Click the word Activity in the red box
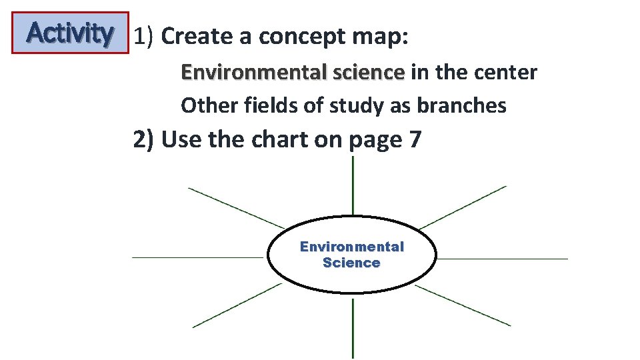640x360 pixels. (69, 33)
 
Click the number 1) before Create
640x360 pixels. (144, 37)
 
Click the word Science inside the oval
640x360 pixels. (351, 263)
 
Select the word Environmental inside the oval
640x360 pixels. (351, 247)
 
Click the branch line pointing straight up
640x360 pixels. (353, 190)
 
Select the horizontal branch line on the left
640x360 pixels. (200, 257)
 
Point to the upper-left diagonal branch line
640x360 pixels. (236, 207)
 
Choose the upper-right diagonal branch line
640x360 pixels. (463, 207)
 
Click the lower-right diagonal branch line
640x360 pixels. (463, 305)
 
